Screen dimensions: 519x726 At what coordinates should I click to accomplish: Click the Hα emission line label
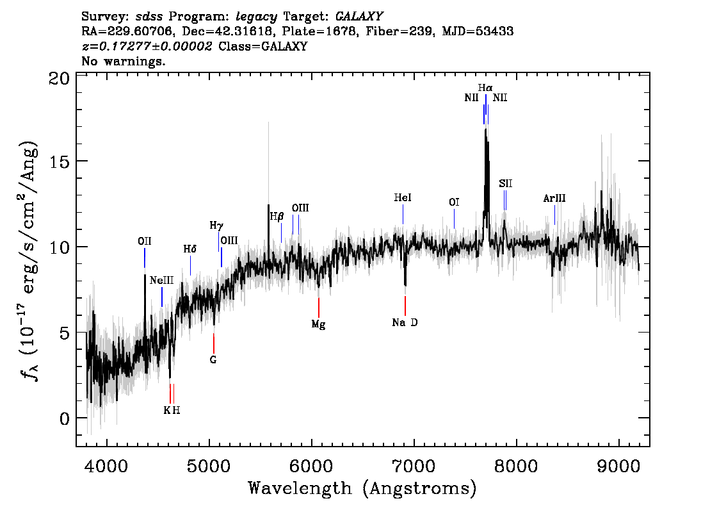[485, 87]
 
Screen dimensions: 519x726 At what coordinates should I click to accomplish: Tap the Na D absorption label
[405, 323]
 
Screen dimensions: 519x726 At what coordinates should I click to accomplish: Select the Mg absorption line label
[318, 324]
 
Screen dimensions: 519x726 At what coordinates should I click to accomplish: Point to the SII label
[505, 184]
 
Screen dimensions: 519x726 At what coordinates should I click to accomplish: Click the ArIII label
[554, 199]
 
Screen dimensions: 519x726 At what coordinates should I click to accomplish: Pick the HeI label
[403, 199]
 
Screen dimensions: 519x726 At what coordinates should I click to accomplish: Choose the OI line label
[454, 202]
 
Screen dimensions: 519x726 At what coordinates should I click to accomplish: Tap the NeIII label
[161, 281]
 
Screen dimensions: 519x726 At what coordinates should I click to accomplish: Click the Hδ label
[190, 249]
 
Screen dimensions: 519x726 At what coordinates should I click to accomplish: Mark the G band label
[213, 360]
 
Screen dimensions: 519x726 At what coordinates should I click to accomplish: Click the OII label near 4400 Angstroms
[145, 241]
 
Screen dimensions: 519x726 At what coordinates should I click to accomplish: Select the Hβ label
[277, 217]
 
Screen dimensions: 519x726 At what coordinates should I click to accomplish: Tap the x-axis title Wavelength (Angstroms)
[362, 489]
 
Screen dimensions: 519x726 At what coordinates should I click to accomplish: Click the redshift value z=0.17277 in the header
[147, 47]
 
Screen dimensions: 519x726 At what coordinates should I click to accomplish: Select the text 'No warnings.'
[124, 62]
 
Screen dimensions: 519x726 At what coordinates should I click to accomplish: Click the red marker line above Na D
[405, 305]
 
